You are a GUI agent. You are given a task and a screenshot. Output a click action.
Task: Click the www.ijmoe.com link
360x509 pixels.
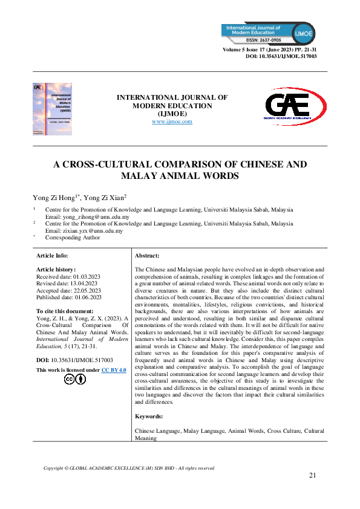click(x=172, y=122)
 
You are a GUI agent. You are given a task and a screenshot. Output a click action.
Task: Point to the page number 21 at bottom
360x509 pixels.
click(x=312, y=476)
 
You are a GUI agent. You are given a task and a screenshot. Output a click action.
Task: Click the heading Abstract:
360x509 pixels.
click(x=147, y=256)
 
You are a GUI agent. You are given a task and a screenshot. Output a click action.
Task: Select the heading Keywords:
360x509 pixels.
click(x=149, y=417)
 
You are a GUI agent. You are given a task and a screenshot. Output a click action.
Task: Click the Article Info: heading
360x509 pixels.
click(x=53, y=256)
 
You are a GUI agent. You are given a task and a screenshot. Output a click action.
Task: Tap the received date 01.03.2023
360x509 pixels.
click(x=83, y=276)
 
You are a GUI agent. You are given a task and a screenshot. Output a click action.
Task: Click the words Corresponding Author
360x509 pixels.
click(x=73, y=238)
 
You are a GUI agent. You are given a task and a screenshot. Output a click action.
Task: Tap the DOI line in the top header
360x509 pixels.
click(x=281, y=56)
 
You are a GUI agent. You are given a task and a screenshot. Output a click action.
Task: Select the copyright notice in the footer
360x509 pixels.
click(x=129, y=468)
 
